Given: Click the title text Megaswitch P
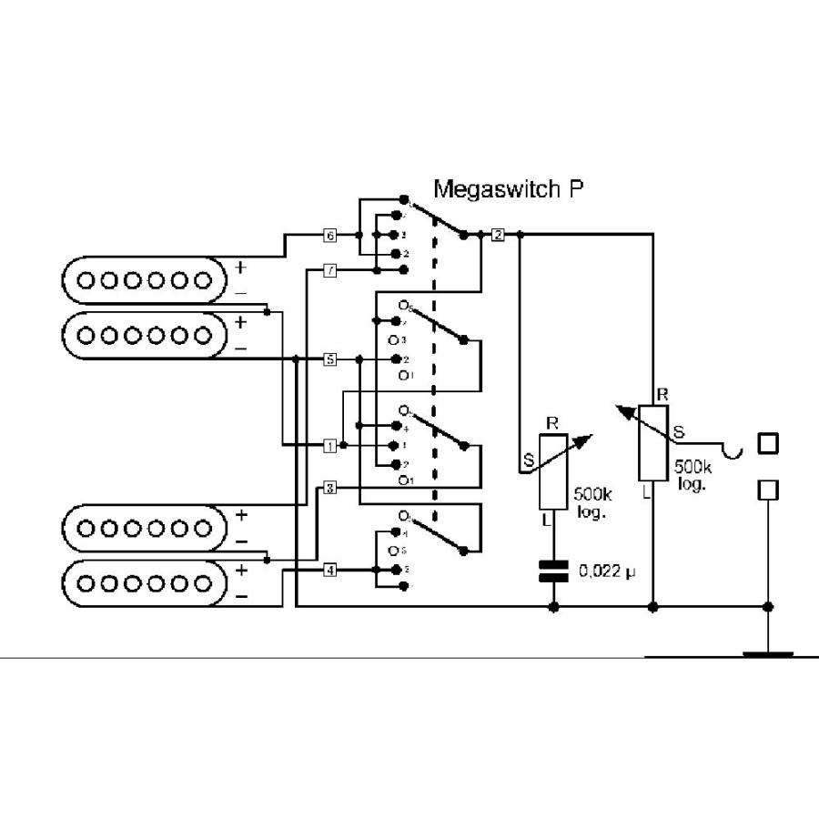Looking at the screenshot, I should tap(508, 189).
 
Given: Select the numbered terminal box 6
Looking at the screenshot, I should tap(330, 236).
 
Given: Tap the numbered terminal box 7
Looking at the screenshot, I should tap(330, 270).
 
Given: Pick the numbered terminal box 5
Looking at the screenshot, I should tap(330, 359).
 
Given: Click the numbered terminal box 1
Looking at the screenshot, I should tap(330, 446).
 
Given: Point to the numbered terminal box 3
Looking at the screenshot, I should tap(330, 489).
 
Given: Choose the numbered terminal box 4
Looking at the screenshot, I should tap(330, 570).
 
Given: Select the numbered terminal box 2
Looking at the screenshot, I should tap(498, 236).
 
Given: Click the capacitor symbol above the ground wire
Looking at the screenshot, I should tap(553, 571).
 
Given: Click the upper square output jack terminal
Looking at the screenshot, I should tap(769, 443).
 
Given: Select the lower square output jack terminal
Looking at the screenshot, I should tap(769, 490).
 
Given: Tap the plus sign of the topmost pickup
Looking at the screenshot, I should tap(241, 268).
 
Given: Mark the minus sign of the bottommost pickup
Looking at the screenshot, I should tap(241, 595).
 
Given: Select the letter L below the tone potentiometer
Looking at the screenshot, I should tap(546, 521).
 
